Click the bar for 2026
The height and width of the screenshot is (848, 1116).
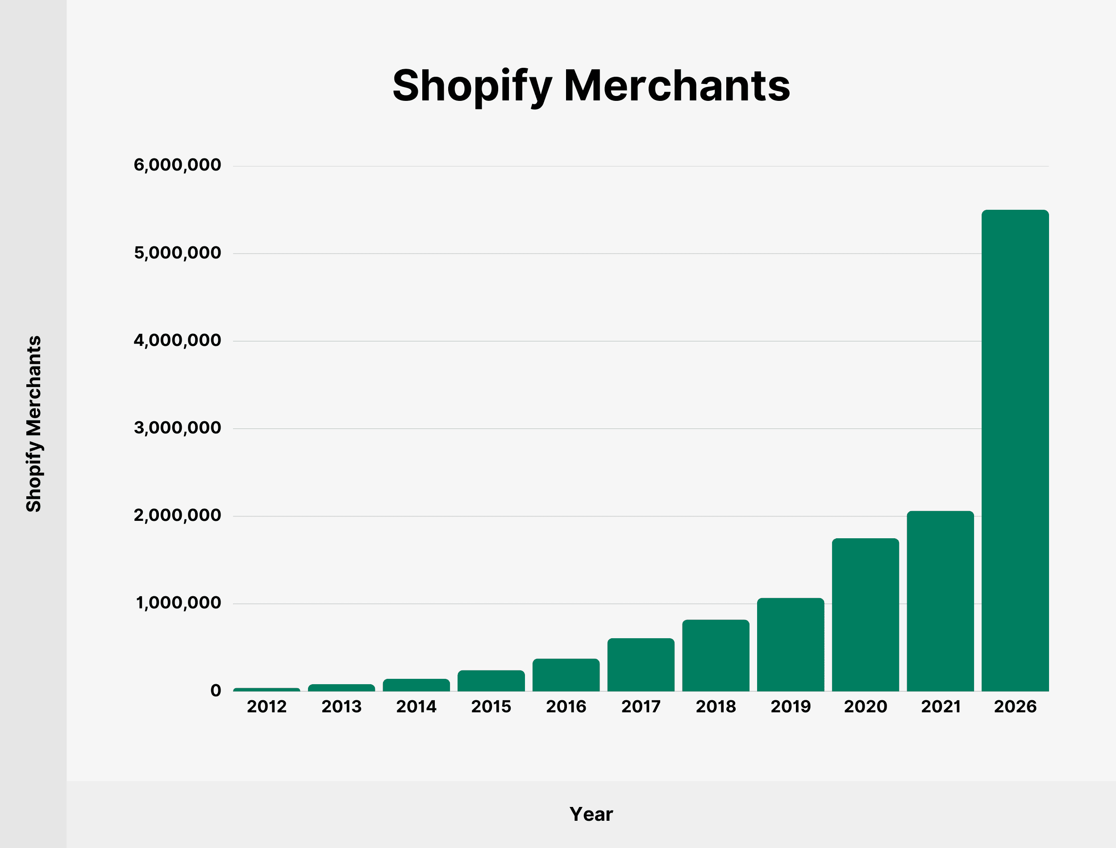[1015, 450]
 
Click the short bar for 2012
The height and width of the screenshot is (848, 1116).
[267, 690]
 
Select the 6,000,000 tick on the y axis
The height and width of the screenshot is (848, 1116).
[177, 165]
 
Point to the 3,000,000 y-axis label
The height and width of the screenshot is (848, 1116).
[177, 428]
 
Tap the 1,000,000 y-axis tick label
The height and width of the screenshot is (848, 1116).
[178, 603]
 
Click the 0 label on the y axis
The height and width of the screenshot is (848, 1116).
[216, 690]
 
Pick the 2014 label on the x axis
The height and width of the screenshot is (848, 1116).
[416, 707]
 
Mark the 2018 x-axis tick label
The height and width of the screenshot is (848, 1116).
[716, 707]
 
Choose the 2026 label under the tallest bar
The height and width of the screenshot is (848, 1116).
[1015, 707]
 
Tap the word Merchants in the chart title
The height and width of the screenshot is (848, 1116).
[677, 86]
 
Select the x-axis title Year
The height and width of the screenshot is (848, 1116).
[591, 814]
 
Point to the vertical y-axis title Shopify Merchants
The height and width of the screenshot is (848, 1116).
[34, 424]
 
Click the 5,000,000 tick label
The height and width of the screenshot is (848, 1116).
[177, 253]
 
